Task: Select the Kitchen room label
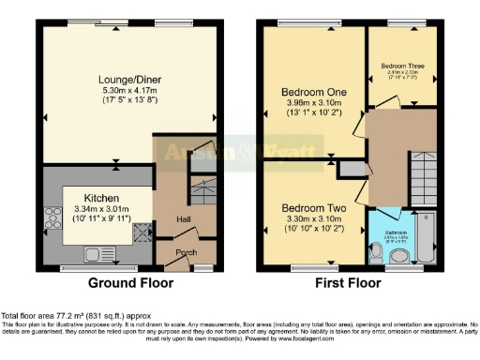point(101,198)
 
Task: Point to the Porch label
point(185,252)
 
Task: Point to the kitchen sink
point(97,252)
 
